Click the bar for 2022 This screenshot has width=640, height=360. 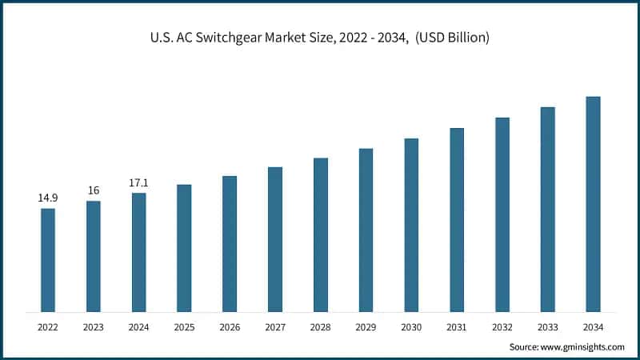tap(48, 260)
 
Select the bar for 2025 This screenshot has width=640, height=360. tap(184, 248)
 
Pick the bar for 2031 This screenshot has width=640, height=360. tap(457, 219)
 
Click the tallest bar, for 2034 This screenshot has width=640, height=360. tap(593, 204)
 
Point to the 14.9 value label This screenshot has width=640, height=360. tap(48, 197)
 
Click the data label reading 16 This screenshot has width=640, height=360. tap(94, 190)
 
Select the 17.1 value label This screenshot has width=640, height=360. tap(139, 183)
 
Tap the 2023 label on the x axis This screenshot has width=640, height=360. tap(94, 327)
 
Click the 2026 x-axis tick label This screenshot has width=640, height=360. tap(230, 327)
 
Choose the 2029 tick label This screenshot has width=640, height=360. tap(366, 327)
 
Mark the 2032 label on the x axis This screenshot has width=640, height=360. tap(502, 327)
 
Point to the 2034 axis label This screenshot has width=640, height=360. tap(593, 327)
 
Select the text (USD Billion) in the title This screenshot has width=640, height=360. tap(453, 38)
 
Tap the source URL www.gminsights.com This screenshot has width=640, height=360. tap(583, 347)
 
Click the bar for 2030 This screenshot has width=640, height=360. tap(411, 225)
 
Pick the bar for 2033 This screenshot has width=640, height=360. tap(547, 209)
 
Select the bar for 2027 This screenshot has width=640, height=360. tap(275, 239)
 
